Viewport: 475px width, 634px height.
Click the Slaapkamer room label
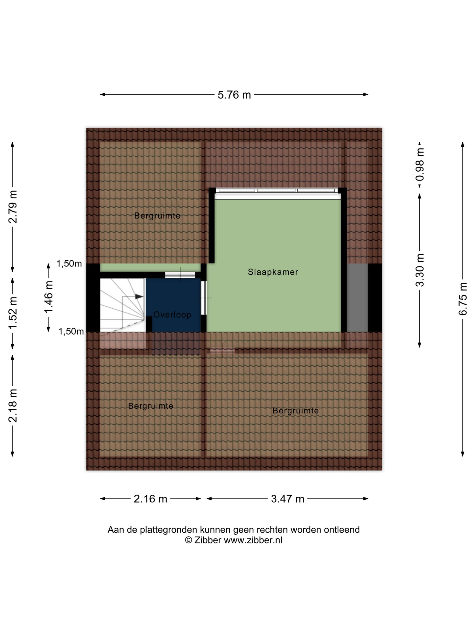point(273,272)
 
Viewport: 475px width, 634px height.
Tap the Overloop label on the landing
point(172,315)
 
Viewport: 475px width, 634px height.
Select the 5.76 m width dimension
point(234,95)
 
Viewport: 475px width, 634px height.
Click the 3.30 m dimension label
point(420,270)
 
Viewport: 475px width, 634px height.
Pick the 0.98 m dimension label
point(420,165)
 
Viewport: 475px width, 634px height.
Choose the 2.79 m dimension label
point(13,206)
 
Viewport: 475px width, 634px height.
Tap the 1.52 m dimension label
point(13,313)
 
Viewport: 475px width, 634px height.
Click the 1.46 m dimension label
point(48,297)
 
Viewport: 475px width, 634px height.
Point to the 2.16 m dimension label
point(150,499)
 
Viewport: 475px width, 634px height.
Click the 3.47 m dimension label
point(287,499)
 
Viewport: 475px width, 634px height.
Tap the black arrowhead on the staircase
point(139,296)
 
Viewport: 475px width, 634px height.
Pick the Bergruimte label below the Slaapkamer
point(295,411)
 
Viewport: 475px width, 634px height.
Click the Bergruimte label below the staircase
point(151,406)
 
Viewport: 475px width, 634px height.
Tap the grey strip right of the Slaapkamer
point(357,297)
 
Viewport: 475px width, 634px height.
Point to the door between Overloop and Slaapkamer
point(203,298)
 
